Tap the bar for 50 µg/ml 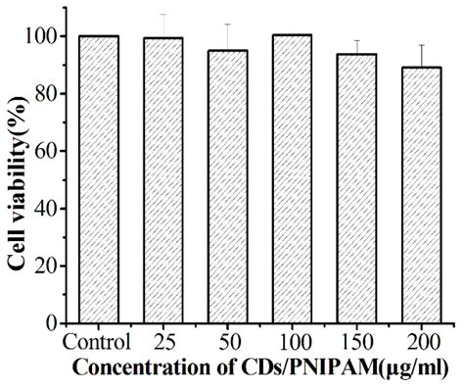coord(227,186)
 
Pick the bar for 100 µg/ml coord(292,178)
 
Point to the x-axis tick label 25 coord(162,342)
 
